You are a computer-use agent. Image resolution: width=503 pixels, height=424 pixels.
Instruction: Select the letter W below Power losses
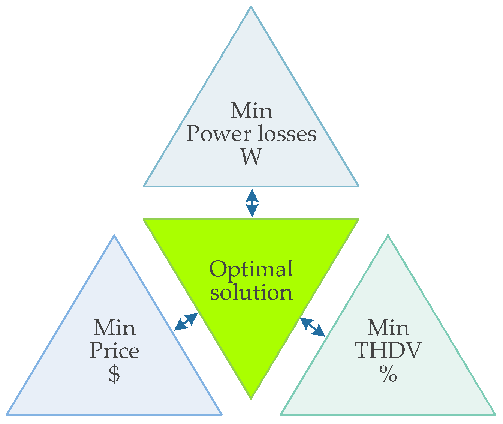point(251,157)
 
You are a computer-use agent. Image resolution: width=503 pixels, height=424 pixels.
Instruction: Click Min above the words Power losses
point(251,111)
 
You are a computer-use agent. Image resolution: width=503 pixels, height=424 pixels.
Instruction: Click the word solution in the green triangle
point(251,292)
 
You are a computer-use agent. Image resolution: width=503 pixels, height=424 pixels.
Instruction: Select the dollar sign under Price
point(114,374)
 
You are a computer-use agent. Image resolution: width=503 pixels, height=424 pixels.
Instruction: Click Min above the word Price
point(114,328)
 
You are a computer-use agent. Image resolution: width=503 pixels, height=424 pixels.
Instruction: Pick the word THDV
point(388,351)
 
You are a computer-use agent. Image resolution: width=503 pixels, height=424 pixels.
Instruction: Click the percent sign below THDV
point(388,374)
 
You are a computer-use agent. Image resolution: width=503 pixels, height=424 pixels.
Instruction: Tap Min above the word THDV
point(388,328)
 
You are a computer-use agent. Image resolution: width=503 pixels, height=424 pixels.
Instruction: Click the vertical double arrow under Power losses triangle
point(252,203)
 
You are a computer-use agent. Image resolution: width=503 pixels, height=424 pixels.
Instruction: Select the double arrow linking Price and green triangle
point(186,322)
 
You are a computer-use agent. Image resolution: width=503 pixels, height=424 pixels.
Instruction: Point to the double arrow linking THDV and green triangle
point(312,327)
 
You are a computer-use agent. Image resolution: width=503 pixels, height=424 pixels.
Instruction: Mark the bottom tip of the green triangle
point(251,398)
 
